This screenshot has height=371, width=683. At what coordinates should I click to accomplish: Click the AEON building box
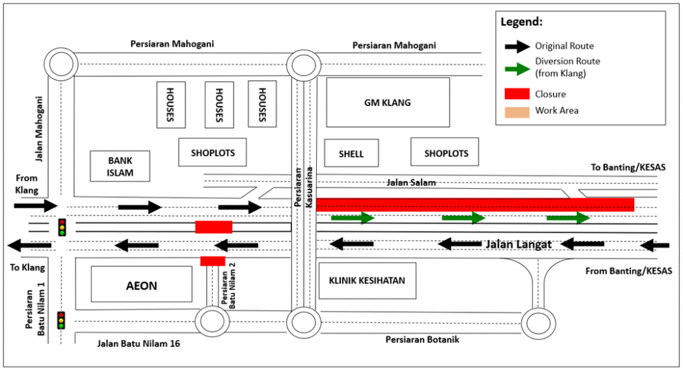pos(141,286)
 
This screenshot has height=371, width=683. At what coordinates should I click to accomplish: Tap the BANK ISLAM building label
pos(121,166)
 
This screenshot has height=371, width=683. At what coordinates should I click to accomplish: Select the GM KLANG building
pos(388,103)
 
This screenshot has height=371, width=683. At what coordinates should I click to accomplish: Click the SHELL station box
pos(352,153)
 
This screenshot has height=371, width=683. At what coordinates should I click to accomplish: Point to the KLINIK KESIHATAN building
pos(367,280)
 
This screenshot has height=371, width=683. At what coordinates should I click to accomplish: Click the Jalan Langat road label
pos(517,245)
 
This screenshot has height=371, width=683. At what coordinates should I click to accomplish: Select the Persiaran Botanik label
pos(422,340)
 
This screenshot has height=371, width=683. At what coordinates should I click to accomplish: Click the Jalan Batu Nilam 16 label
pos(134,344)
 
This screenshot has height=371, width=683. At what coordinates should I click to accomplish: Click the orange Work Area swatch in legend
pos(514,111)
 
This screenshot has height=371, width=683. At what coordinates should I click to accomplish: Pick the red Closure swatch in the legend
pos(514,94)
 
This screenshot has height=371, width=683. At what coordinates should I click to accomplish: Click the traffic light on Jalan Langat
pos(62,228)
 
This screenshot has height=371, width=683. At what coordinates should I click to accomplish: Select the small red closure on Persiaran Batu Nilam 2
pos(213,260)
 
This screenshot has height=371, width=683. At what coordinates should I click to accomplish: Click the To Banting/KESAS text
pos(628,167)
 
